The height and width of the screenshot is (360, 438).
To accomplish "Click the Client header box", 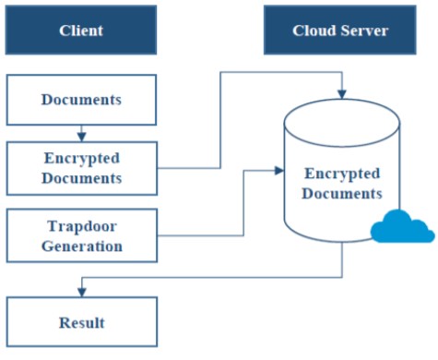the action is (x=81, y=30).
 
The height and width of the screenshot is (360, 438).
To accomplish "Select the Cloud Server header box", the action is (x=340, y=30).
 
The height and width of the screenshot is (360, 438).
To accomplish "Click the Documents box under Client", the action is (x=81, y=100).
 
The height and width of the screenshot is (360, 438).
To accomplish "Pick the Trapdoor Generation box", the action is (x=82, y=235).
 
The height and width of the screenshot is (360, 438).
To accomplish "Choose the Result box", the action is (x=82, y=322).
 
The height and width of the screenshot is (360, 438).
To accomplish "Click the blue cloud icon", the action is (x=403, y=226).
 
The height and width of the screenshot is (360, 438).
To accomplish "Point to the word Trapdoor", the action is (x=82, y=226).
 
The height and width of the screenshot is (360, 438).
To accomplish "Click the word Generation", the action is (x=82, y=246).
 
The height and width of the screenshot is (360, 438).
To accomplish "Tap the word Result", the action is (x=82, y=323).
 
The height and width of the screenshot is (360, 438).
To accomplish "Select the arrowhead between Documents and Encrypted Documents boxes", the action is (x=81, y=137).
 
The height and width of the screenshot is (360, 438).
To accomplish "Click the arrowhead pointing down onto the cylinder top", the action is (x=342, y=94).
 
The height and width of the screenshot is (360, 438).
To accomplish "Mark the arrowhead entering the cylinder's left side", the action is (x=279, y=171).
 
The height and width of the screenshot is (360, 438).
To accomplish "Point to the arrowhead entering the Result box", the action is (x=81, y=293).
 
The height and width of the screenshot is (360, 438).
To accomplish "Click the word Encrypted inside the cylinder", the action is (x=342, y=174).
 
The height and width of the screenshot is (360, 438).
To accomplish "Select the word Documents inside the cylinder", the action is (x=342, y=194).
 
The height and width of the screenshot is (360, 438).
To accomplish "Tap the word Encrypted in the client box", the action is (x=82, y=159).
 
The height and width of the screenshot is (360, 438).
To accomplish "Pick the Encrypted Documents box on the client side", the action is (x=82, y=168).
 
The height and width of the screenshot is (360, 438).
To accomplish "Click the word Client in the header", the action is (x=81, y=30).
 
